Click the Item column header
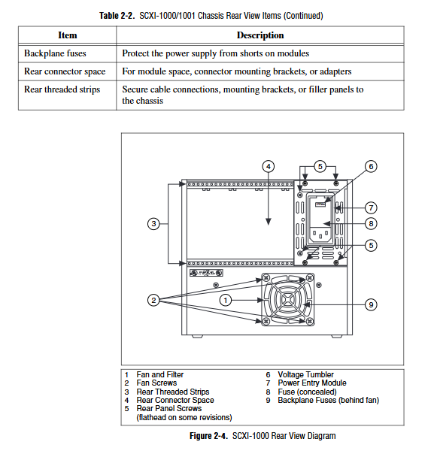click(68, 35)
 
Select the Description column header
click(260, 35)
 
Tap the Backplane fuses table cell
click(55, 53)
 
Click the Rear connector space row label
click(65, 71)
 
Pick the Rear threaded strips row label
click(62, 89)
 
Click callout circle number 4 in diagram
click(269, 166)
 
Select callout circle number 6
click(371, 166)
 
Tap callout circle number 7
click(371, 207)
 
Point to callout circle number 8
click(371, 223)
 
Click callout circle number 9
click(371, 304)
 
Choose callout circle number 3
click(153, 223)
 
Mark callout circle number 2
click(153, 300)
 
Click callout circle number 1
click(226, 300)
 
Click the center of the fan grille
click(287, 300)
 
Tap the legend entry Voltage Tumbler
click(305, 374)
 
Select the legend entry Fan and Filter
click(160, 374)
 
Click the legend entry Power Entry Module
click(312, 383)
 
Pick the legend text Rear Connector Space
click(175, 400)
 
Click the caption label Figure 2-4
click(209, 436)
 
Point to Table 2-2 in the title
click(117, 16)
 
